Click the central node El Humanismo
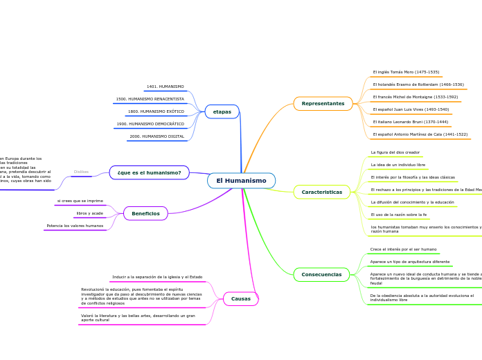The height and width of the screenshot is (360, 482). (x=241, y=181)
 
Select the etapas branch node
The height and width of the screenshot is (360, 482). (x=222, y=111)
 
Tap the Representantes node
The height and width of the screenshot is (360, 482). (x=323, y=104)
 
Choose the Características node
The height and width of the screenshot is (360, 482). (x=321, y=192)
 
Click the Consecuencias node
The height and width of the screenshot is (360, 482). (x=321, y=275)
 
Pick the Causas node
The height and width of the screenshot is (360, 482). (x=241, y=299)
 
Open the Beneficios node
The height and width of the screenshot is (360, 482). (x=145, y=213)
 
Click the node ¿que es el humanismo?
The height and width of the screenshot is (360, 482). (x=149, y=172)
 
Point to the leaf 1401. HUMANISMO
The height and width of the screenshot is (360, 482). (x=165, y=87)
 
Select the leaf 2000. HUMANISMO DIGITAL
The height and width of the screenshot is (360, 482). (x=157, y=136)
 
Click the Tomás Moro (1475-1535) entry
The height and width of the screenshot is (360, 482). (x=406, y=72)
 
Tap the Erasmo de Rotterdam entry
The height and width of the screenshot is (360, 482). (x=418, y=84)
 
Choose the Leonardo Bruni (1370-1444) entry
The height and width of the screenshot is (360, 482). (x=410, y=122)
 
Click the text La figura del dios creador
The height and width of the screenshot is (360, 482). (x=395, y=152)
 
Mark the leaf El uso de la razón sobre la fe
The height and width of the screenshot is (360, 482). (x=398, y=215)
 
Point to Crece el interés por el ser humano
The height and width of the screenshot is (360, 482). (x=403, y=249)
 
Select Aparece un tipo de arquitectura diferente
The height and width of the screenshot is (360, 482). (x=409, y=262)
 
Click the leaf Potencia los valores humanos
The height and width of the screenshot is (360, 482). (x=75, y=226)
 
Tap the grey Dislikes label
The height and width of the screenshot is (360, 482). (x=81, y=172)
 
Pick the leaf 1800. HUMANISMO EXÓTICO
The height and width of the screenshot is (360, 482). (x=156, y=111)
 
